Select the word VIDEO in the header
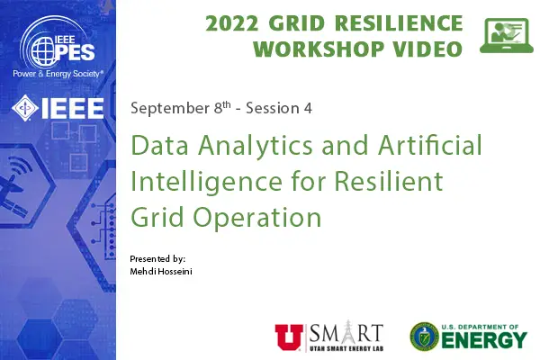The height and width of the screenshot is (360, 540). (x=423, y=49)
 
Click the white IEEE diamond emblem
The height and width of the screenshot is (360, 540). (x=24, y=110)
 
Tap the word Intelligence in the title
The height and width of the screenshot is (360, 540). (x=198, y=181)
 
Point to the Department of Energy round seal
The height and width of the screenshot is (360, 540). (x=424, y=336)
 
